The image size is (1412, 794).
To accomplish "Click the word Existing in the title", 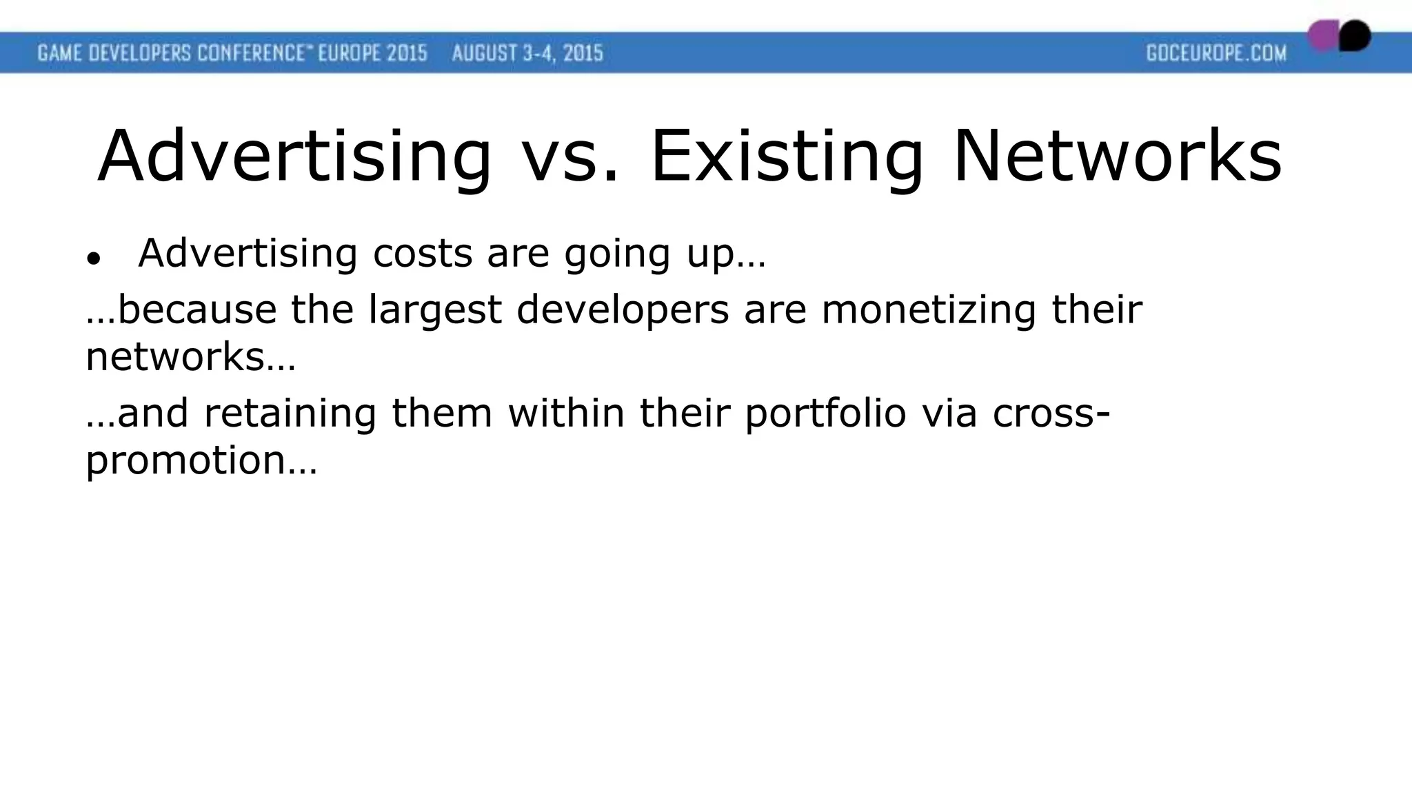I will click(786, 157).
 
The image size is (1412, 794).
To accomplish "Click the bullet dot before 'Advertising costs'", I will click(94, 259).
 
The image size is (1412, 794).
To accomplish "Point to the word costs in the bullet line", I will click(422, 253).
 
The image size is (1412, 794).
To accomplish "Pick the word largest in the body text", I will click(434, 310).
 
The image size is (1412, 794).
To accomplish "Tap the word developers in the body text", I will click(623, 310).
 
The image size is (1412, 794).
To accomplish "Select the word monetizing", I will click(929, 310).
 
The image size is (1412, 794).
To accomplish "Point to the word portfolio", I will click(825, 414).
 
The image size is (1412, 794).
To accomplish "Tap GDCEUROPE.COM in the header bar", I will click(1216, 53).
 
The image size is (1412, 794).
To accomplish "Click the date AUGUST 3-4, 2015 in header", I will click(527, 53).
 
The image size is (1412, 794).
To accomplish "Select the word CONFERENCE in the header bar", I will click(251, 53).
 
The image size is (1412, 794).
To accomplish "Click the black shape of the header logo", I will click(1355, 35).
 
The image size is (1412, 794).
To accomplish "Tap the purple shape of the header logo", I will click(1322, 36).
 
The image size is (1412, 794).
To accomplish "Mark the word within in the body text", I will click(566, 413).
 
